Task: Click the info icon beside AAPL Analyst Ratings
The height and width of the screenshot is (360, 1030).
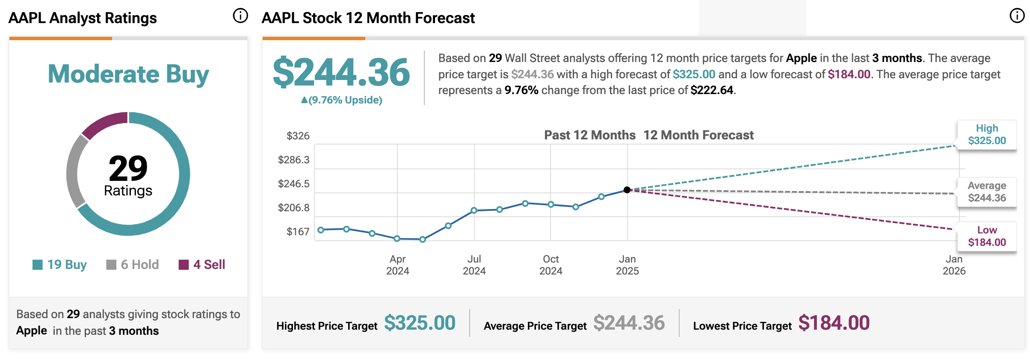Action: (x=240, y=16)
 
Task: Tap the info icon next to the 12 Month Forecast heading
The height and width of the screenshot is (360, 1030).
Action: (x=1017, y=16)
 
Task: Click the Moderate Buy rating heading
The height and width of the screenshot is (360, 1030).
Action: (x=128, y=74)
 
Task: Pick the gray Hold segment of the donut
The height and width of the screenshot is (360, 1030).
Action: (x=75, y=171)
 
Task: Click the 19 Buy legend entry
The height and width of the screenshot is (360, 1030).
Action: (x=60, y=265)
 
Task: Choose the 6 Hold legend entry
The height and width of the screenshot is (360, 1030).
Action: (x=133, y=265)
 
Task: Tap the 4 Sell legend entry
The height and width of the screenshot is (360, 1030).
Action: (x=202, y=265)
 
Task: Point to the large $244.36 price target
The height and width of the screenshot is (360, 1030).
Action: (x=341, y=73)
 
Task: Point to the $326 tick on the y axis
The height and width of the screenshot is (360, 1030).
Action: (x=298, y=136)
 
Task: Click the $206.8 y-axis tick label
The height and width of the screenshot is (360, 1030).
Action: (x=293, y=208)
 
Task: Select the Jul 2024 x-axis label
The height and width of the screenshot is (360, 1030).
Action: (x=474, y=265)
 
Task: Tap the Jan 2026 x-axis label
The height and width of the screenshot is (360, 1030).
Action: (x=954, y=265)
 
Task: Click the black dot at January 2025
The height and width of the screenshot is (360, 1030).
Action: (x=627, y=190)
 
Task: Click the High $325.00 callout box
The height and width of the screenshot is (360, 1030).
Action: (x=987, y=135)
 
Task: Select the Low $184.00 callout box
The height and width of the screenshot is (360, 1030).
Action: (x=987, y=236)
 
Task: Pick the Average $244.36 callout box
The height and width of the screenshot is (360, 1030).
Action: (x=987, y=192)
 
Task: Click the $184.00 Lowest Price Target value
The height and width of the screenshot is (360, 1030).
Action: (x=834, y=323)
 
